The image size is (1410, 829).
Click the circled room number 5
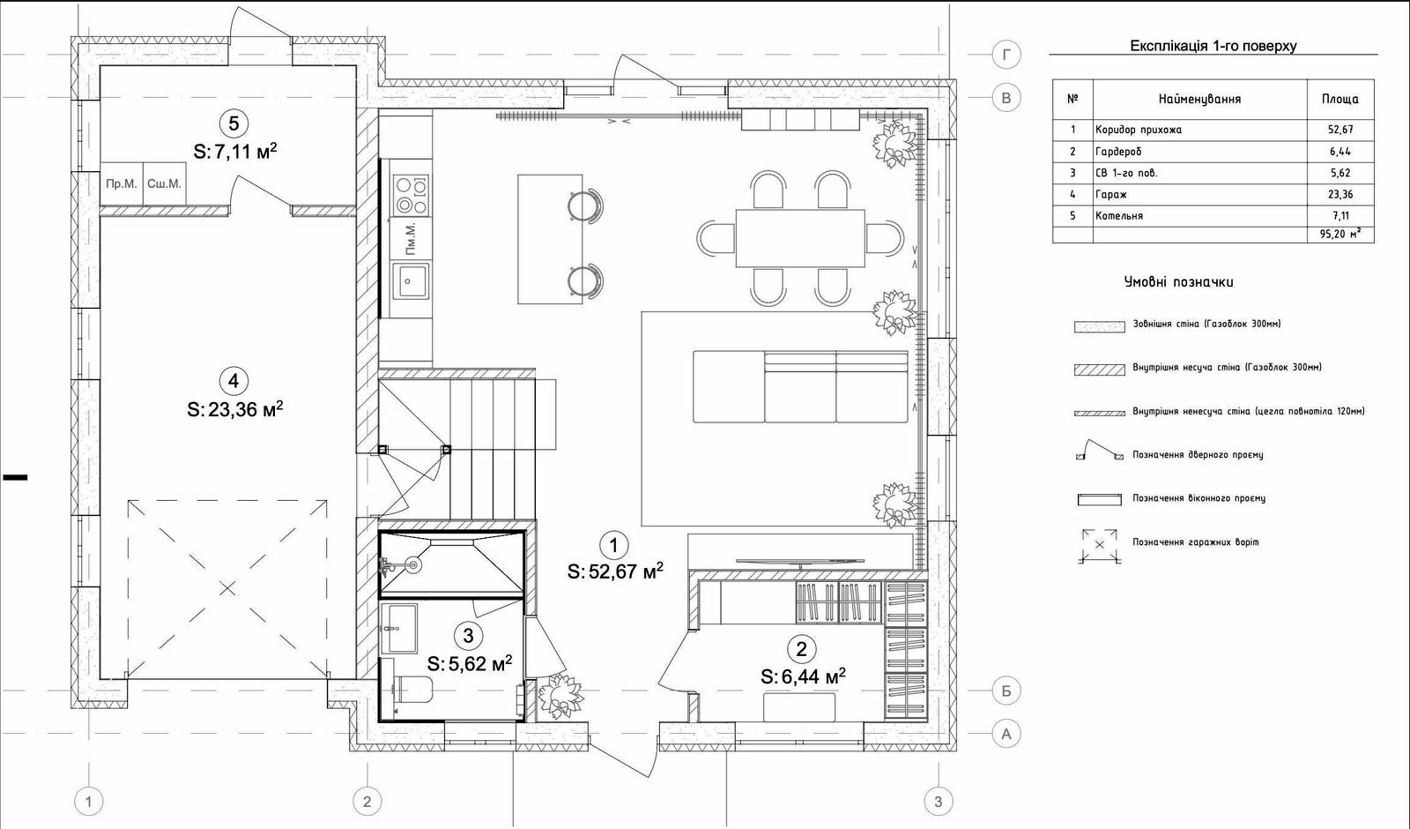pos(234,123)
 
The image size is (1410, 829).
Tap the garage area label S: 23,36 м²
pos(234,409)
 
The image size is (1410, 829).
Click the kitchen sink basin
pos(411,281)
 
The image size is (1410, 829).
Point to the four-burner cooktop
pos(411,195)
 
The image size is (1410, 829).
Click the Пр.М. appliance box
pos(122,184)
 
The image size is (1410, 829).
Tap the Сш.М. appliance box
pos(164,184)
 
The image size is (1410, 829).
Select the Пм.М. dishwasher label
pos(411,239)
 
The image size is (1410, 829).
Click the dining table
pos(800,239)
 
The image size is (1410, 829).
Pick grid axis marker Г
pos(1006,56)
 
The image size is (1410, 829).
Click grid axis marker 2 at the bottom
pos(367,802)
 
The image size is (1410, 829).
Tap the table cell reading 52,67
pos(1340,130)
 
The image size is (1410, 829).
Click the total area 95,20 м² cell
pos(1340,235)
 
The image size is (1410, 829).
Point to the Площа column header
pos(1340,99)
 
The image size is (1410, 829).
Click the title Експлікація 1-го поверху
pos(1213,46)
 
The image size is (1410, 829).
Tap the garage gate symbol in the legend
pos(1100,545)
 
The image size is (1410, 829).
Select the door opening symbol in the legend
pos(1100,451)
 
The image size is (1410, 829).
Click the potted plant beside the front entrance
pos(560,696)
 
